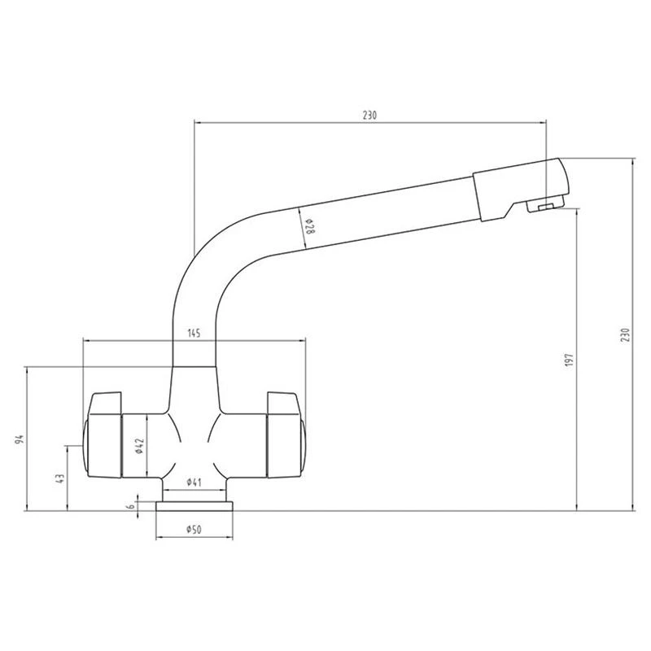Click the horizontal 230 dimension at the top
[x=369, y=116]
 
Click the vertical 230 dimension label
[x=625, y=335]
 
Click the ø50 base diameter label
[x=194, y=530]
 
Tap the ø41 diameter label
[x=194, y=483]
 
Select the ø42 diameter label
[x=140, y=446]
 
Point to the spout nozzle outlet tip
[x=549, y=208]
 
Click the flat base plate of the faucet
[x=195, y=507]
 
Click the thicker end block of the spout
[x=517, y=187]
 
